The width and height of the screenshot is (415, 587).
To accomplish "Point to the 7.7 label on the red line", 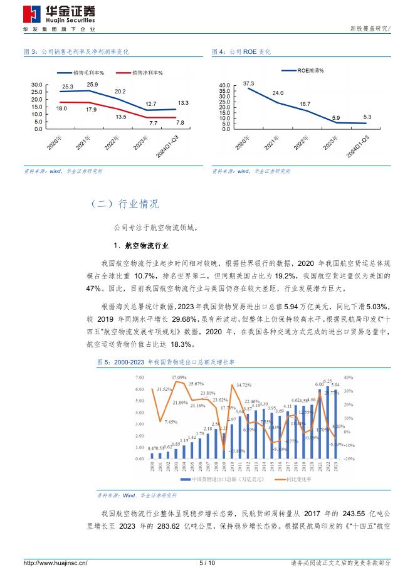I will (153, 123).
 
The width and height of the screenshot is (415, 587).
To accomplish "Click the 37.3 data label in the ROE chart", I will (248, 83).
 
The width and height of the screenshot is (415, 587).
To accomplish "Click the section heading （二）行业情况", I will (125, 204).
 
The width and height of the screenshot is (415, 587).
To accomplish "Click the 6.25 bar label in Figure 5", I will (327, 381).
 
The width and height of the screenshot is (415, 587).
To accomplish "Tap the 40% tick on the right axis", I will (349, 378).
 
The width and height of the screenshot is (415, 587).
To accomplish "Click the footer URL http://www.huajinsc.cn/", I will (55, 563).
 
